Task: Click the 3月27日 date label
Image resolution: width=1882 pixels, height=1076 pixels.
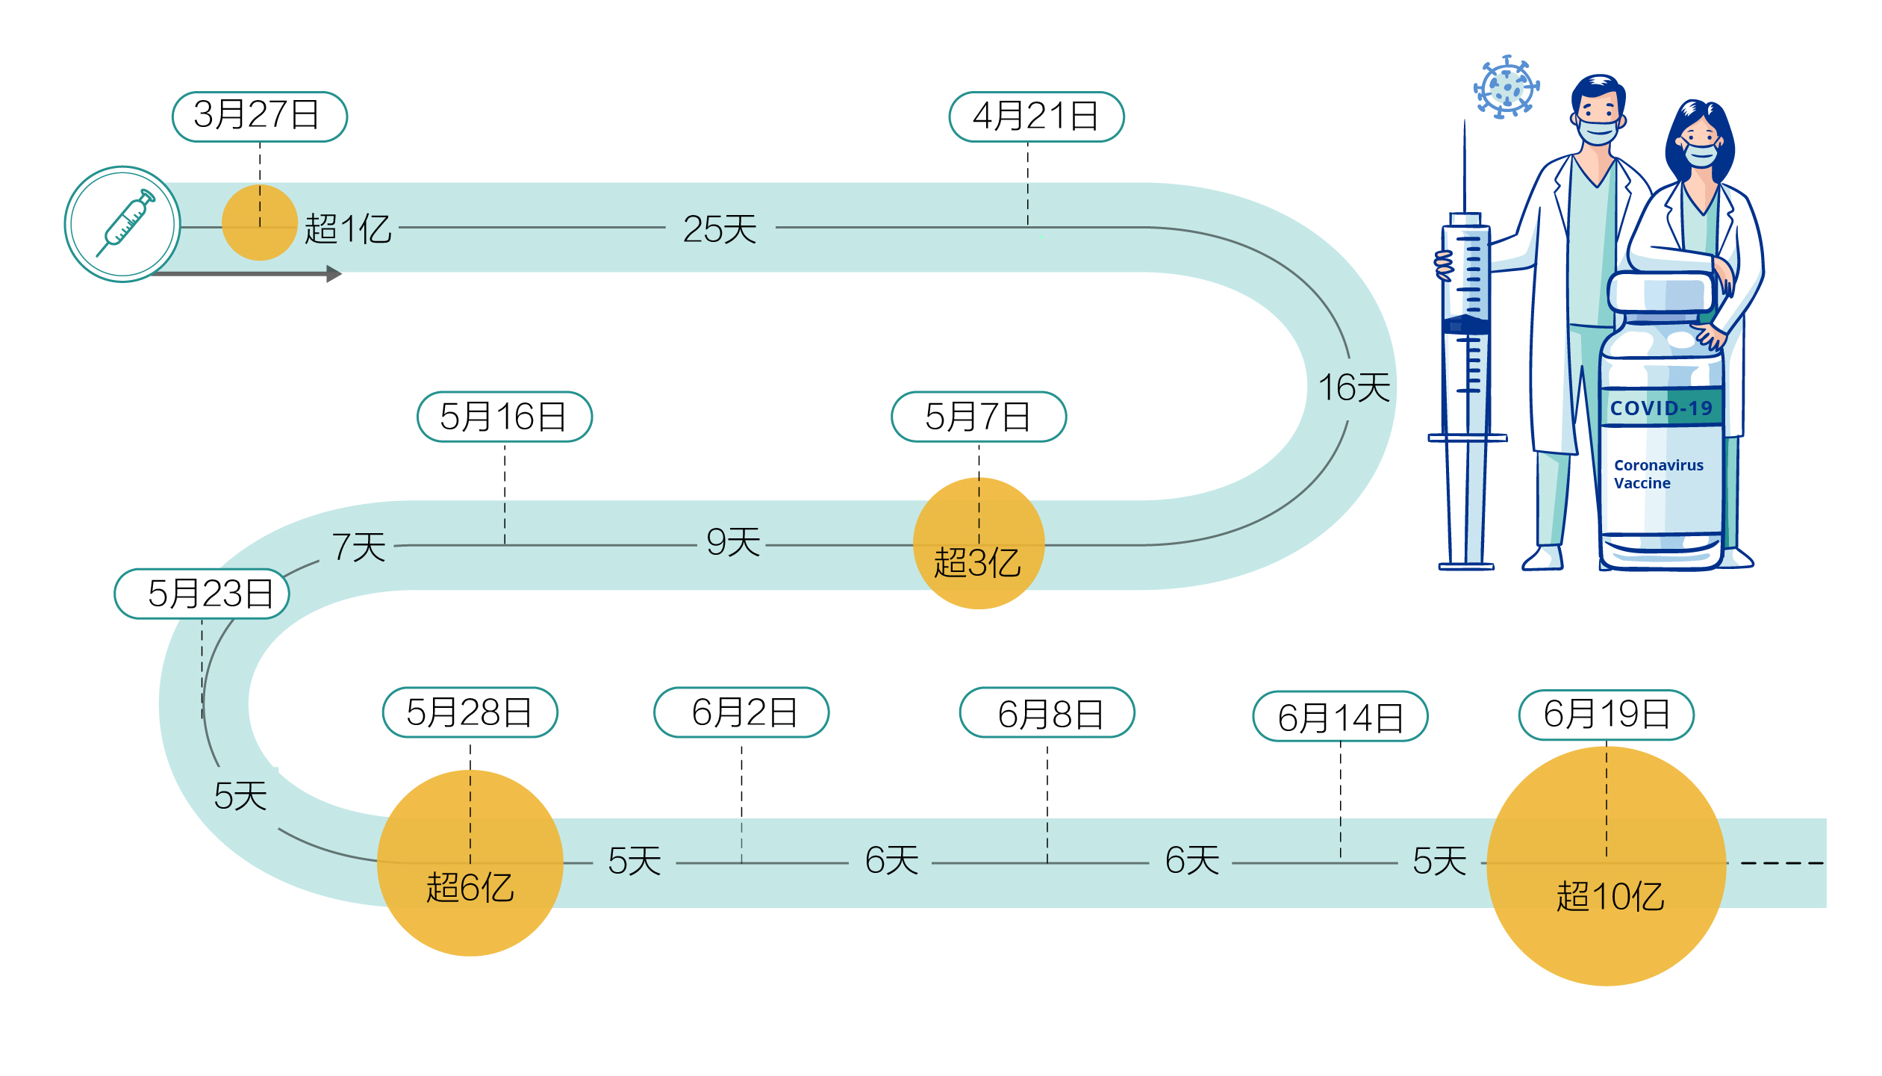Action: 259,116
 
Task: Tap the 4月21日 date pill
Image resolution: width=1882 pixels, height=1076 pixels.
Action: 1035,116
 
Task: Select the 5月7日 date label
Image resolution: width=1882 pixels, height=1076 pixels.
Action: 978,417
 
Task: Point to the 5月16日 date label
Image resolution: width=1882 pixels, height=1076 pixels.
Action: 504,417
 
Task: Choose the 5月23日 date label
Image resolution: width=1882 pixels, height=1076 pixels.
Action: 202,594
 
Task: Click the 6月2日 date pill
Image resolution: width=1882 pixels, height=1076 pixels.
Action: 741,712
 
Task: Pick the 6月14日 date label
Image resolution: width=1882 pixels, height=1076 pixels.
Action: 1339,717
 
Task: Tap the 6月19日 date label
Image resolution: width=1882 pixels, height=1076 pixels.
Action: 1606,715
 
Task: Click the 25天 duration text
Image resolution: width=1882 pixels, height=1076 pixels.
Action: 720,229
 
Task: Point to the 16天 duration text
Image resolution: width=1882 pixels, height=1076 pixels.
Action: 1353,388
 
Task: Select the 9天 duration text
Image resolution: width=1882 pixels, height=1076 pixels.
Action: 733,542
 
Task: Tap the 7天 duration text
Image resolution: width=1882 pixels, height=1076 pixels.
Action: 358,547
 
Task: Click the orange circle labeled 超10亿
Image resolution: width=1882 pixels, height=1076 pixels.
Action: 1606,866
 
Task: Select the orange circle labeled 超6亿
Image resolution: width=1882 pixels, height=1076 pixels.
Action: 470,863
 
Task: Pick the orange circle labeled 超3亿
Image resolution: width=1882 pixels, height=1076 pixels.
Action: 978,544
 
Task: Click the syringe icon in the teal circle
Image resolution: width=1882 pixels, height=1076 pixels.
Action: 123,224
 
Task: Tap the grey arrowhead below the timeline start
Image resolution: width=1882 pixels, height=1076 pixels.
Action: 334,274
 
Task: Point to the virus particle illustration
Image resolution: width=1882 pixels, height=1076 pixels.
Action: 1506,87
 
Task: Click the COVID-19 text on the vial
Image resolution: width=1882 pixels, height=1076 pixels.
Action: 1660,408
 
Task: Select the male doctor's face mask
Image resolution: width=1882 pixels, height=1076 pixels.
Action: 1597,131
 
